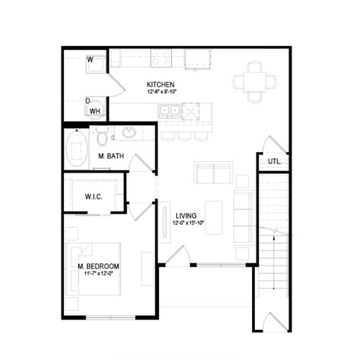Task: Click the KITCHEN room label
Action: point(160,84)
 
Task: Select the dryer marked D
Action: point(88,100)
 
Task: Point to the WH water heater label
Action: point(95,111)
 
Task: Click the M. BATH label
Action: point(111,156)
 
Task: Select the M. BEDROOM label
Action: point(98,266)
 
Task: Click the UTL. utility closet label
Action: point(274,161)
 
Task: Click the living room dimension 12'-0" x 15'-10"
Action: point(189,222)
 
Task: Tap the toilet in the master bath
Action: point(103,136)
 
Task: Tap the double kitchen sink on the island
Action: point(169,111)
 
